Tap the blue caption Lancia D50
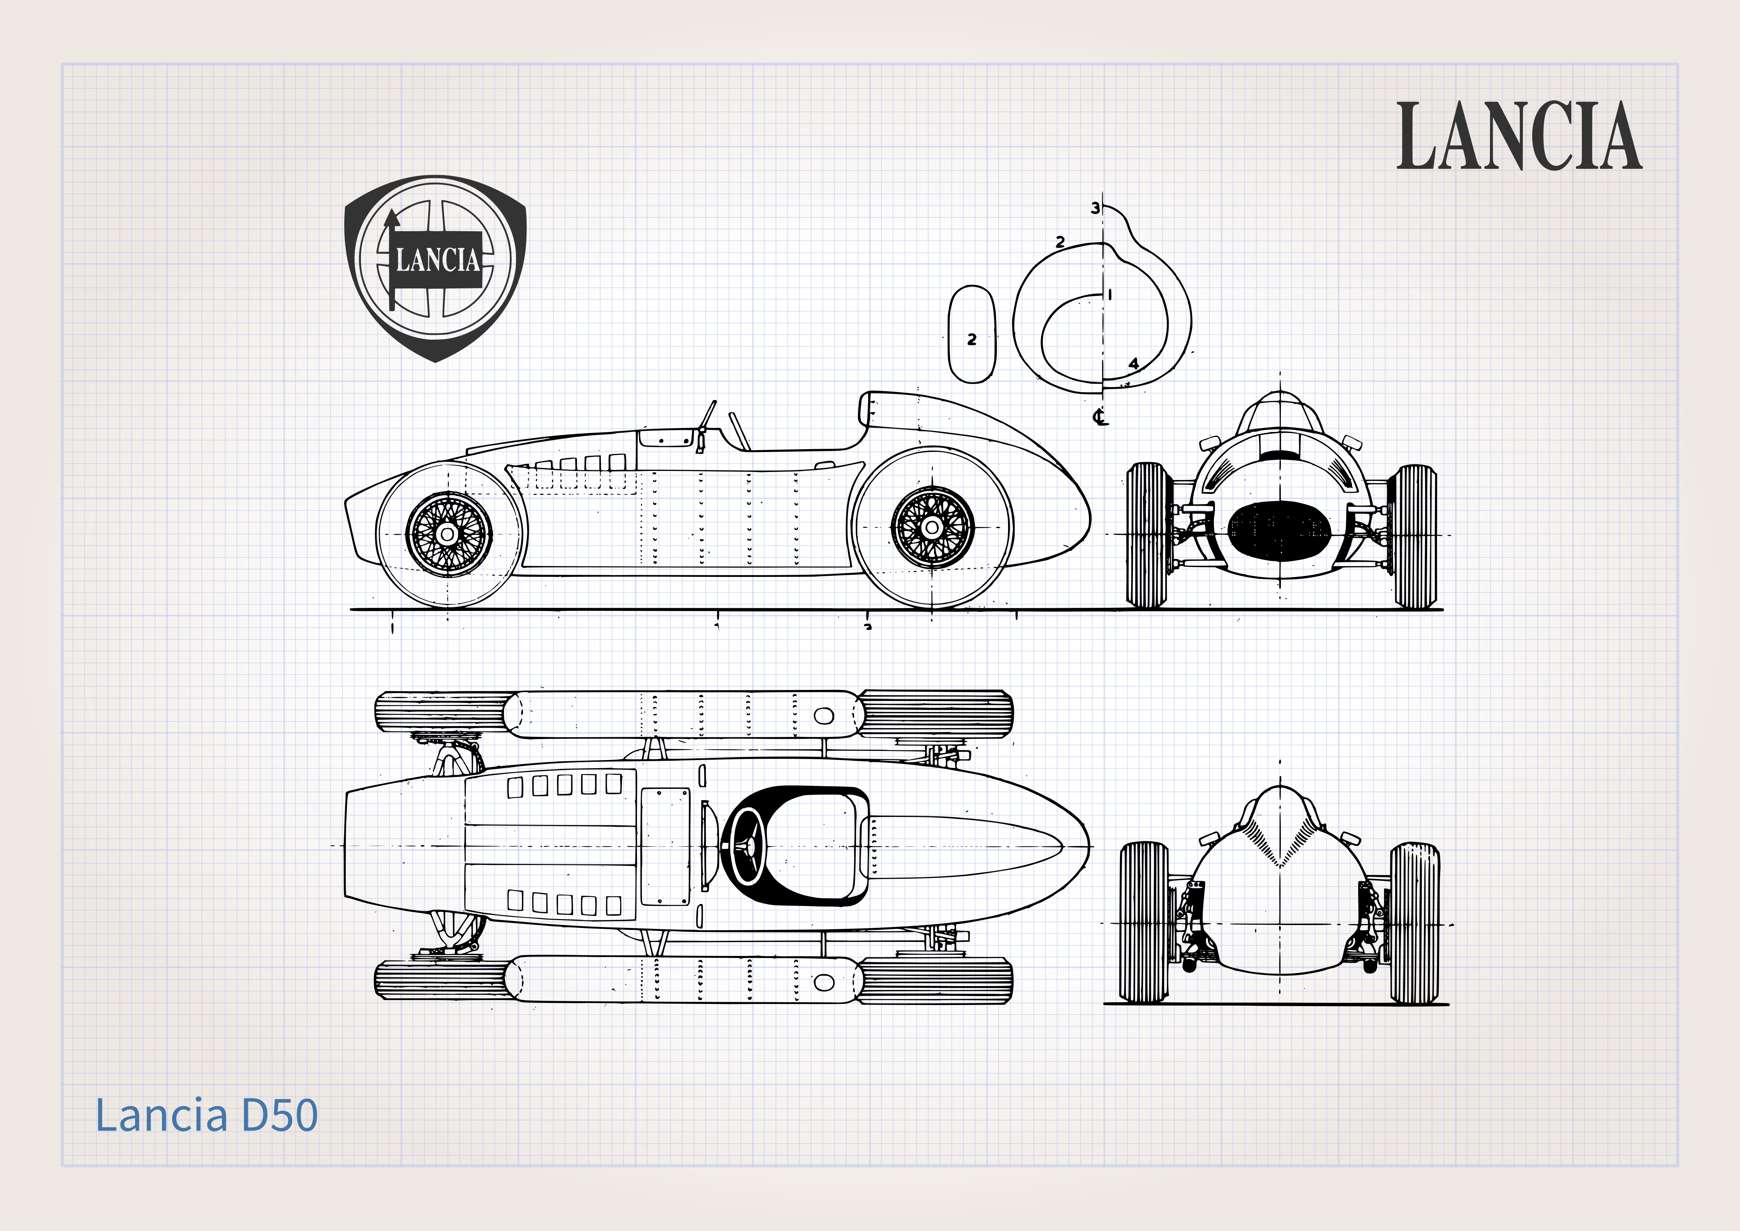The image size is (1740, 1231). tap(206, 1115)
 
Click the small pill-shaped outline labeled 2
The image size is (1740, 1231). tap(972, 334)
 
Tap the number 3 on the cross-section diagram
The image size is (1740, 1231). tap(1095, 208)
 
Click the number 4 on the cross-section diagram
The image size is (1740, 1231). tap(1134, 364)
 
